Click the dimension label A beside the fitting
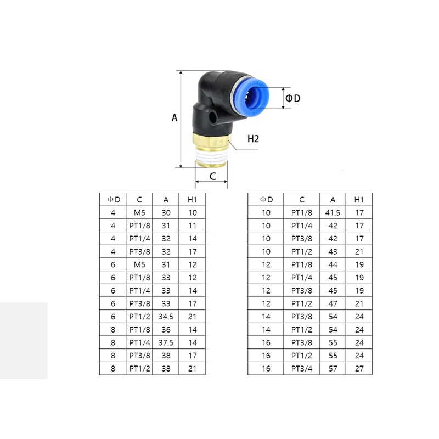[175, 117]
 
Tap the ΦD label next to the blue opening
[292, 98]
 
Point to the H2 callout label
[253, 139]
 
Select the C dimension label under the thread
[212, 177]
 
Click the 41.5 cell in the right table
[333, 212]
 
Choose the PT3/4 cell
[302, 369]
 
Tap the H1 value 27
[359, 369]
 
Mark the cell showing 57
[333, 369]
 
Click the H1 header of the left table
[192, 199]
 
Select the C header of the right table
[302, 199]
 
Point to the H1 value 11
[192, 225]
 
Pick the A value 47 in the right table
[333, 304]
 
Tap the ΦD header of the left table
[113, 199]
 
